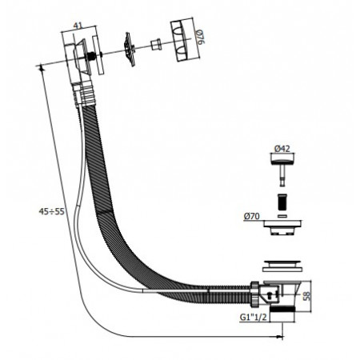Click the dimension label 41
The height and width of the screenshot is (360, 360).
[x=78, y=26]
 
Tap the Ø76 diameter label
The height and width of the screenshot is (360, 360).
[x=201, y=37]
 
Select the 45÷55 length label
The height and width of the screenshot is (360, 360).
[x=52, y=211]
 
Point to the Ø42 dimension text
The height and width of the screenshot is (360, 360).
[x=282, y=149]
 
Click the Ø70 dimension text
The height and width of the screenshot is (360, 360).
[x=251, y=216]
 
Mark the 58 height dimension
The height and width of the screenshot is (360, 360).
[x=307, y=296]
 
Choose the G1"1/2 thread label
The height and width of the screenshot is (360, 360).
[x=253, y=317]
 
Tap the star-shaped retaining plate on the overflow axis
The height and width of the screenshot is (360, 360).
[x=130, y=50]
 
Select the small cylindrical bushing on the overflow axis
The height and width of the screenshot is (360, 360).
[x=155, y=44]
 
